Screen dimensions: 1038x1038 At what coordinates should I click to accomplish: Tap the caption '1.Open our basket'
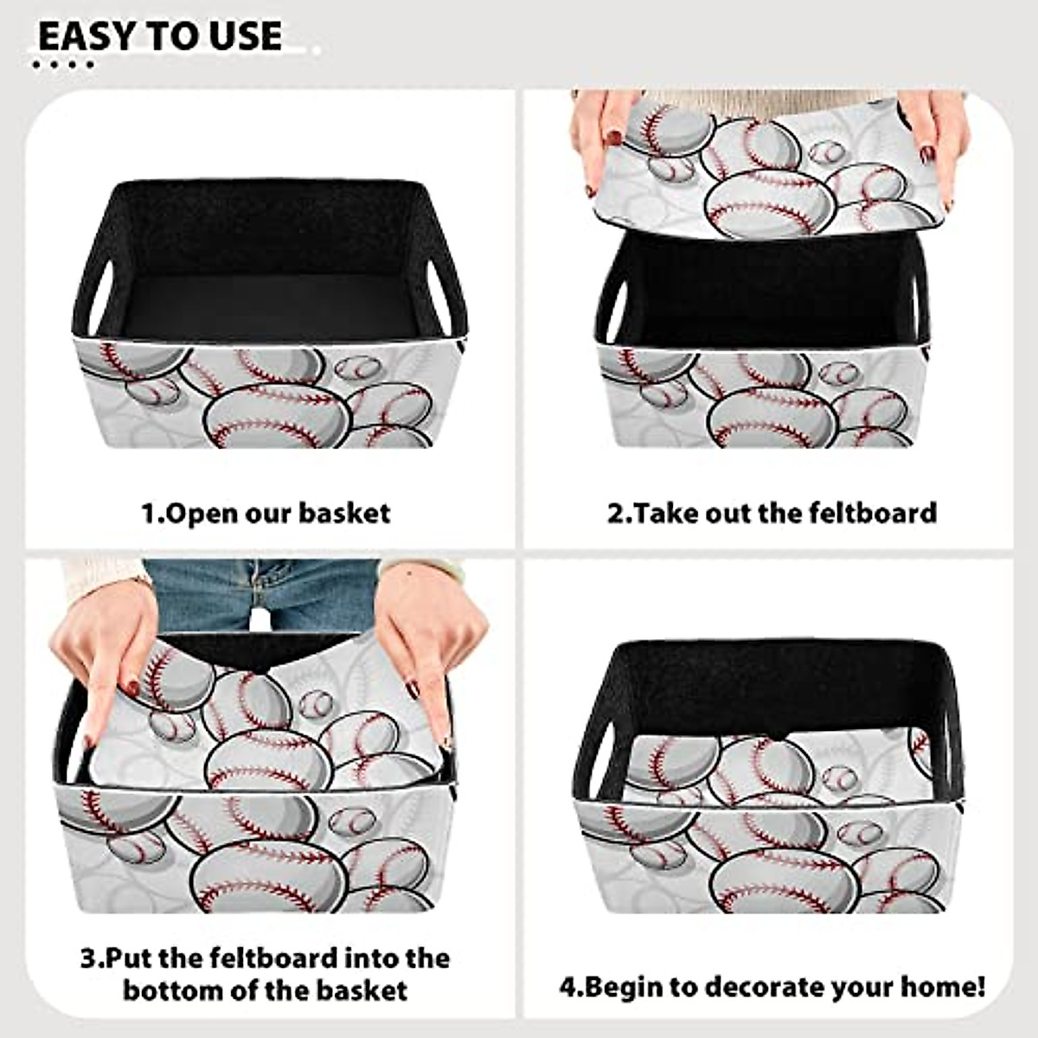pyautogui.click(x=266, y=513)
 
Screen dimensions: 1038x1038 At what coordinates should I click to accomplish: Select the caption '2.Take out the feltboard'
pyautogui.click(x=772, y=512)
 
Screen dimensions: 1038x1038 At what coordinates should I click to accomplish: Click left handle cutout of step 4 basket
pyautogui.click(x=596, y=753)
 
